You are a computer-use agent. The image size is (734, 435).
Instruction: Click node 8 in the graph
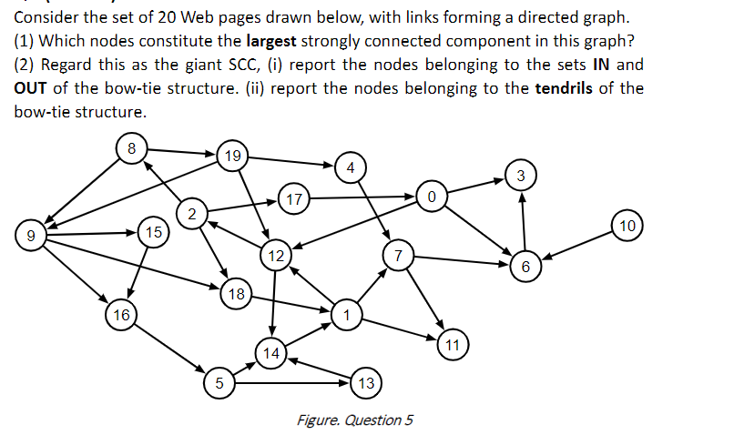click(x=132, y=147)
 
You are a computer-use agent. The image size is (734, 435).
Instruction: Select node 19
click(x=232, y=157)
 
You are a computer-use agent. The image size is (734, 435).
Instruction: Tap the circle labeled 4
click(x=351, y=167)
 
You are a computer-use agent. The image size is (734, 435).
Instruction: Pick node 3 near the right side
click(x=520, y=175)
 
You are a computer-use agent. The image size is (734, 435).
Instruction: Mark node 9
click(x=31, y=237)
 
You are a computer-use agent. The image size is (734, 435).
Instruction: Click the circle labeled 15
click(x=153, y=233)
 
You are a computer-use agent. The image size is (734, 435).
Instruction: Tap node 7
click(x=397, y=256)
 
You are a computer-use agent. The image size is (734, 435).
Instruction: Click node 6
click(x=525, y=266)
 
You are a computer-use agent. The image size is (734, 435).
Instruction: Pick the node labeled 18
click(x=236, y=294)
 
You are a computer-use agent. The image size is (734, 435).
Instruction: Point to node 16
click(x=120, y=315)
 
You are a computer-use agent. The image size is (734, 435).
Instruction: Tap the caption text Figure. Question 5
click(x=354, y=420)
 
